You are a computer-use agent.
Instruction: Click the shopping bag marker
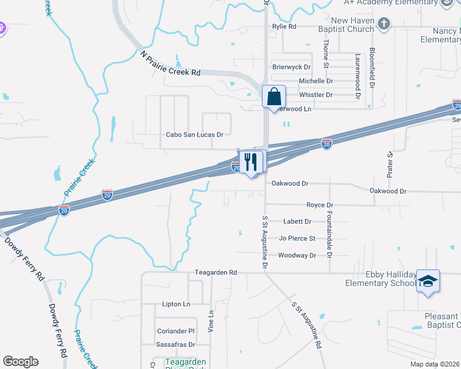(274, 97)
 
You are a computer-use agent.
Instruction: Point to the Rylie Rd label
(284, 26)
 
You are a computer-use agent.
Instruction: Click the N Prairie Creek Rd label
(171, 64)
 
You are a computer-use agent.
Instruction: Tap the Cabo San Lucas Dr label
(194, 134)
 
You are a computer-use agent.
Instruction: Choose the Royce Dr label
(319, 205)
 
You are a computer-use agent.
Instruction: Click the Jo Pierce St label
(297, 238)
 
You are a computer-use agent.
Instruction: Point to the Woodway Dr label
(297, 255)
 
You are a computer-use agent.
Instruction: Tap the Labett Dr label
(297, 221)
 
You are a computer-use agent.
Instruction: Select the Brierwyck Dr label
(292, 67)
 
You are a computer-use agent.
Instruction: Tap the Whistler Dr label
(316, 95)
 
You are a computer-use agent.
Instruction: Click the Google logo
(20, 362)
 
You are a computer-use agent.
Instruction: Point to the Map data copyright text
(435, 364)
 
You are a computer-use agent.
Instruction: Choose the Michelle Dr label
(316, 81)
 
